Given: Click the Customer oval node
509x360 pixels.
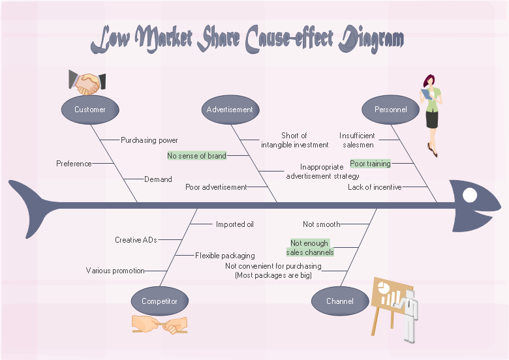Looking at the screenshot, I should (90, 110).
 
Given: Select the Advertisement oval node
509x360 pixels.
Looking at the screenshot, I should (230, 110).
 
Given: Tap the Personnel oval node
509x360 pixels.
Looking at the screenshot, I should (390, 110).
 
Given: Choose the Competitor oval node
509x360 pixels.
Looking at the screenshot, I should (159, 301).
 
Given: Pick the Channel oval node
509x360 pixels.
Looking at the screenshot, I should (340, 301).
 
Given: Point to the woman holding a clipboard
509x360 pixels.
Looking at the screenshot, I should (431, 114).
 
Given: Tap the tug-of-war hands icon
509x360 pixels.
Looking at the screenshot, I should (159, 324).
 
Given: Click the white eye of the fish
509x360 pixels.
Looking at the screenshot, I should (470, 194).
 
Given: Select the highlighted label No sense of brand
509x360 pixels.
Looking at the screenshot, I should (197, 156).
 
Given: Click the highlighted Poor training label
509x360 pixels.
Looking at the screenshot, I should (370, 164).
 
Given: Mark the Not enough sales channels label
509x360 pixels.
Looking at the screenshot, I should (310, 248).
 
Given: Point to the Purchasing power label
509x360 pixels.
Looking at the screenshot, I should (149, 140).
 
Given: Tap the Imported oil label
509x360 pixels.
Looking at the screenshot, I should (235, 224).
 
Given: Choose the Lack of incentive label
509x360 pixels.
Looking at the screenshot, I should (375, 187).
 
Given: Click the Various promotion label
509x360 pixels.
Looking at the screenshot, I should (115, 271).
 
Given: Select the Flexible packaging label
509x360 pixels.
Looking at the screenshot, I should (225, 256).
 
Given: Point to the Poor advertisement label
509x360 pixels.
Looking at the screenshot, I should (216, 187).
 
